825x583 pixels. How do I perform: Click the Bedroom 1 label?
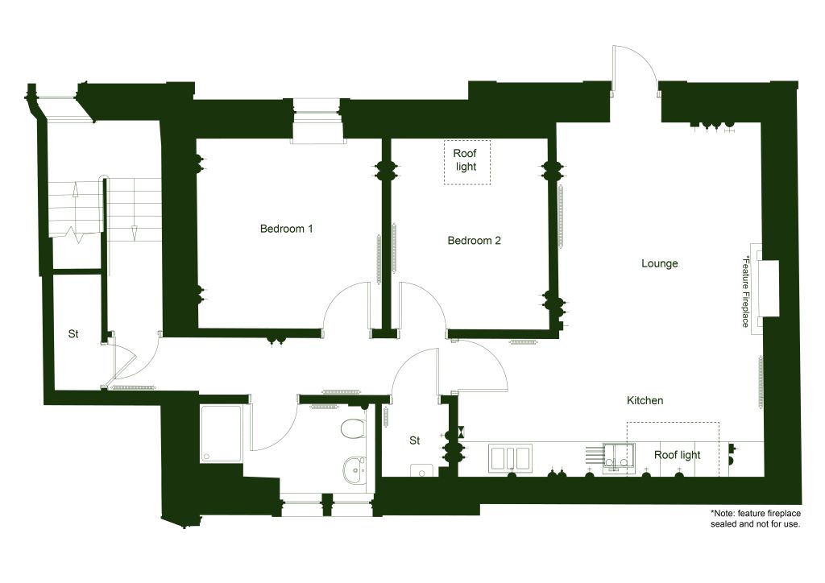click(x=286, y=229)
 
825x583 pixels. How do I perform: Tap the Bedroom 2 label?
click(x=474, y=241)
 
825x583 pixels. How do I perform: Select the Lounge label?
click(x=659, y=263)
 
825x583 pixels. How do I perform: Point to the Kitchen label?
click(x=645, y=400)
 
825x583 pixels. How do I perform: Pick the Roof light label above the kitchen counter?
click(x=677, y=455)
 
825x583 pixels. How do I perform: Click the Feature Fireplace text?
click(x=745, y=291)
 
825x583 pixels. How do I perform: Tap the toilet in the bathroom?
click(x=353, y=428)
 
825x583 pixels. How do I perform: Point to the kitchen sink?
click(x=618, y=457)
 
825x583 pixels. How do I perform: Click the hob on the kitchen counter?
click(x=510, y=457)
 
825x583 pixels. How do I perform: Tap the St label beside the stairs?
click(x=73, y=334)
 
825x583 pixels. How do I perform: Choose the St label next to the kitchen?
click(x=415, y=440)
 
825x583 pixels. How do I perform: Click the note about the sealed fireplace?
click(x=755, y=519)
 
